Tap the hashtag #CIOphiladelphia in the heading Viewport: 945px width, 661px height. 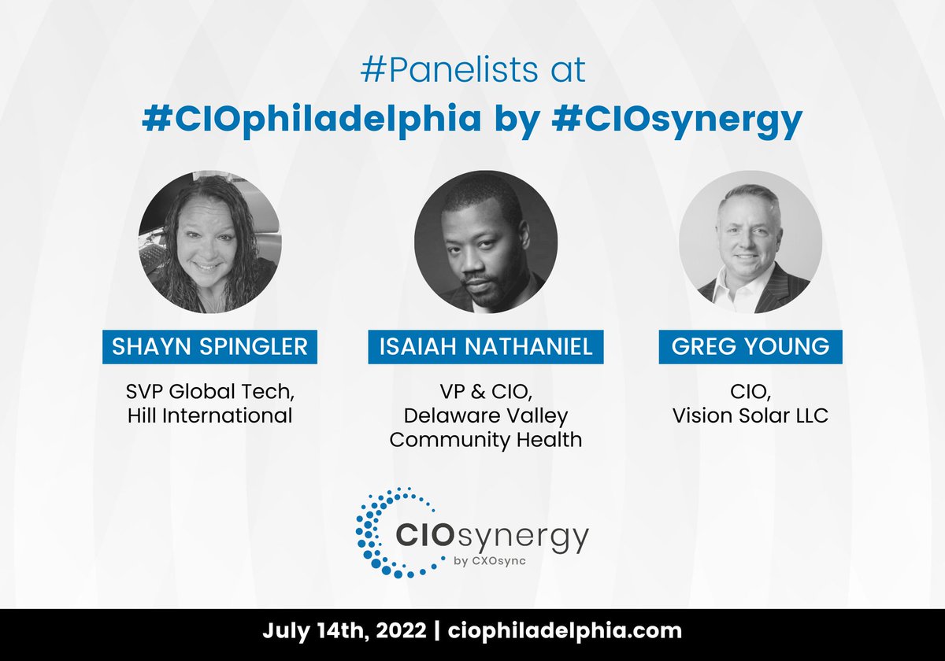click(x=312, y=120)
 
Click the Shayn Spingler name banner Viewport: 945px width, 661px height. click(x=209, y=347)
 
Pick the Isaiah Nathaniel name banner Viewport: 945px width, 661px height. click(x=486, y=347)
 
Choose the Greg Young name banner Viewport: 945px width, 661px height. click(x=750, y=347)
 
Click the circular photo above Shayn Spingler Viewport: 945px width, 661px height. click(x=209, y=242)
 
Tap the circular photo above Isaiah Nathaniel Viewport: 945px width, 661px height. click(x=486, y=242)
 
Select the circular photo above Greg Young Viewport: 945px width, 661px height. click(x=750, y=242)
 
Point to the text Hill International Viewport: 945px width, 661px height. click(x=209, y=415)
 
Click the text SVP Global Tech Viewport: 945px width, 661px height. click(x=209, y=391)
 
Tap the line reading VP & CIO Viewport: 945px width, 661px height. click(x=486, y=391)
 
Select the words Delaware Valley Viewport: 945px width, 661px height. click(x=486, y=415)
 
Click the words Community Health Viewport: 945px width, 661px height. click(x=486, y=439)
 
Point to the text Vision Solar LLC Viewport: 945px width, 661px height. click(x=750, y=415)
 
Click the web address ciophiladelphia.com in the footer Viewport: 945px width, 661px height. click(x=565, y=631)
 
